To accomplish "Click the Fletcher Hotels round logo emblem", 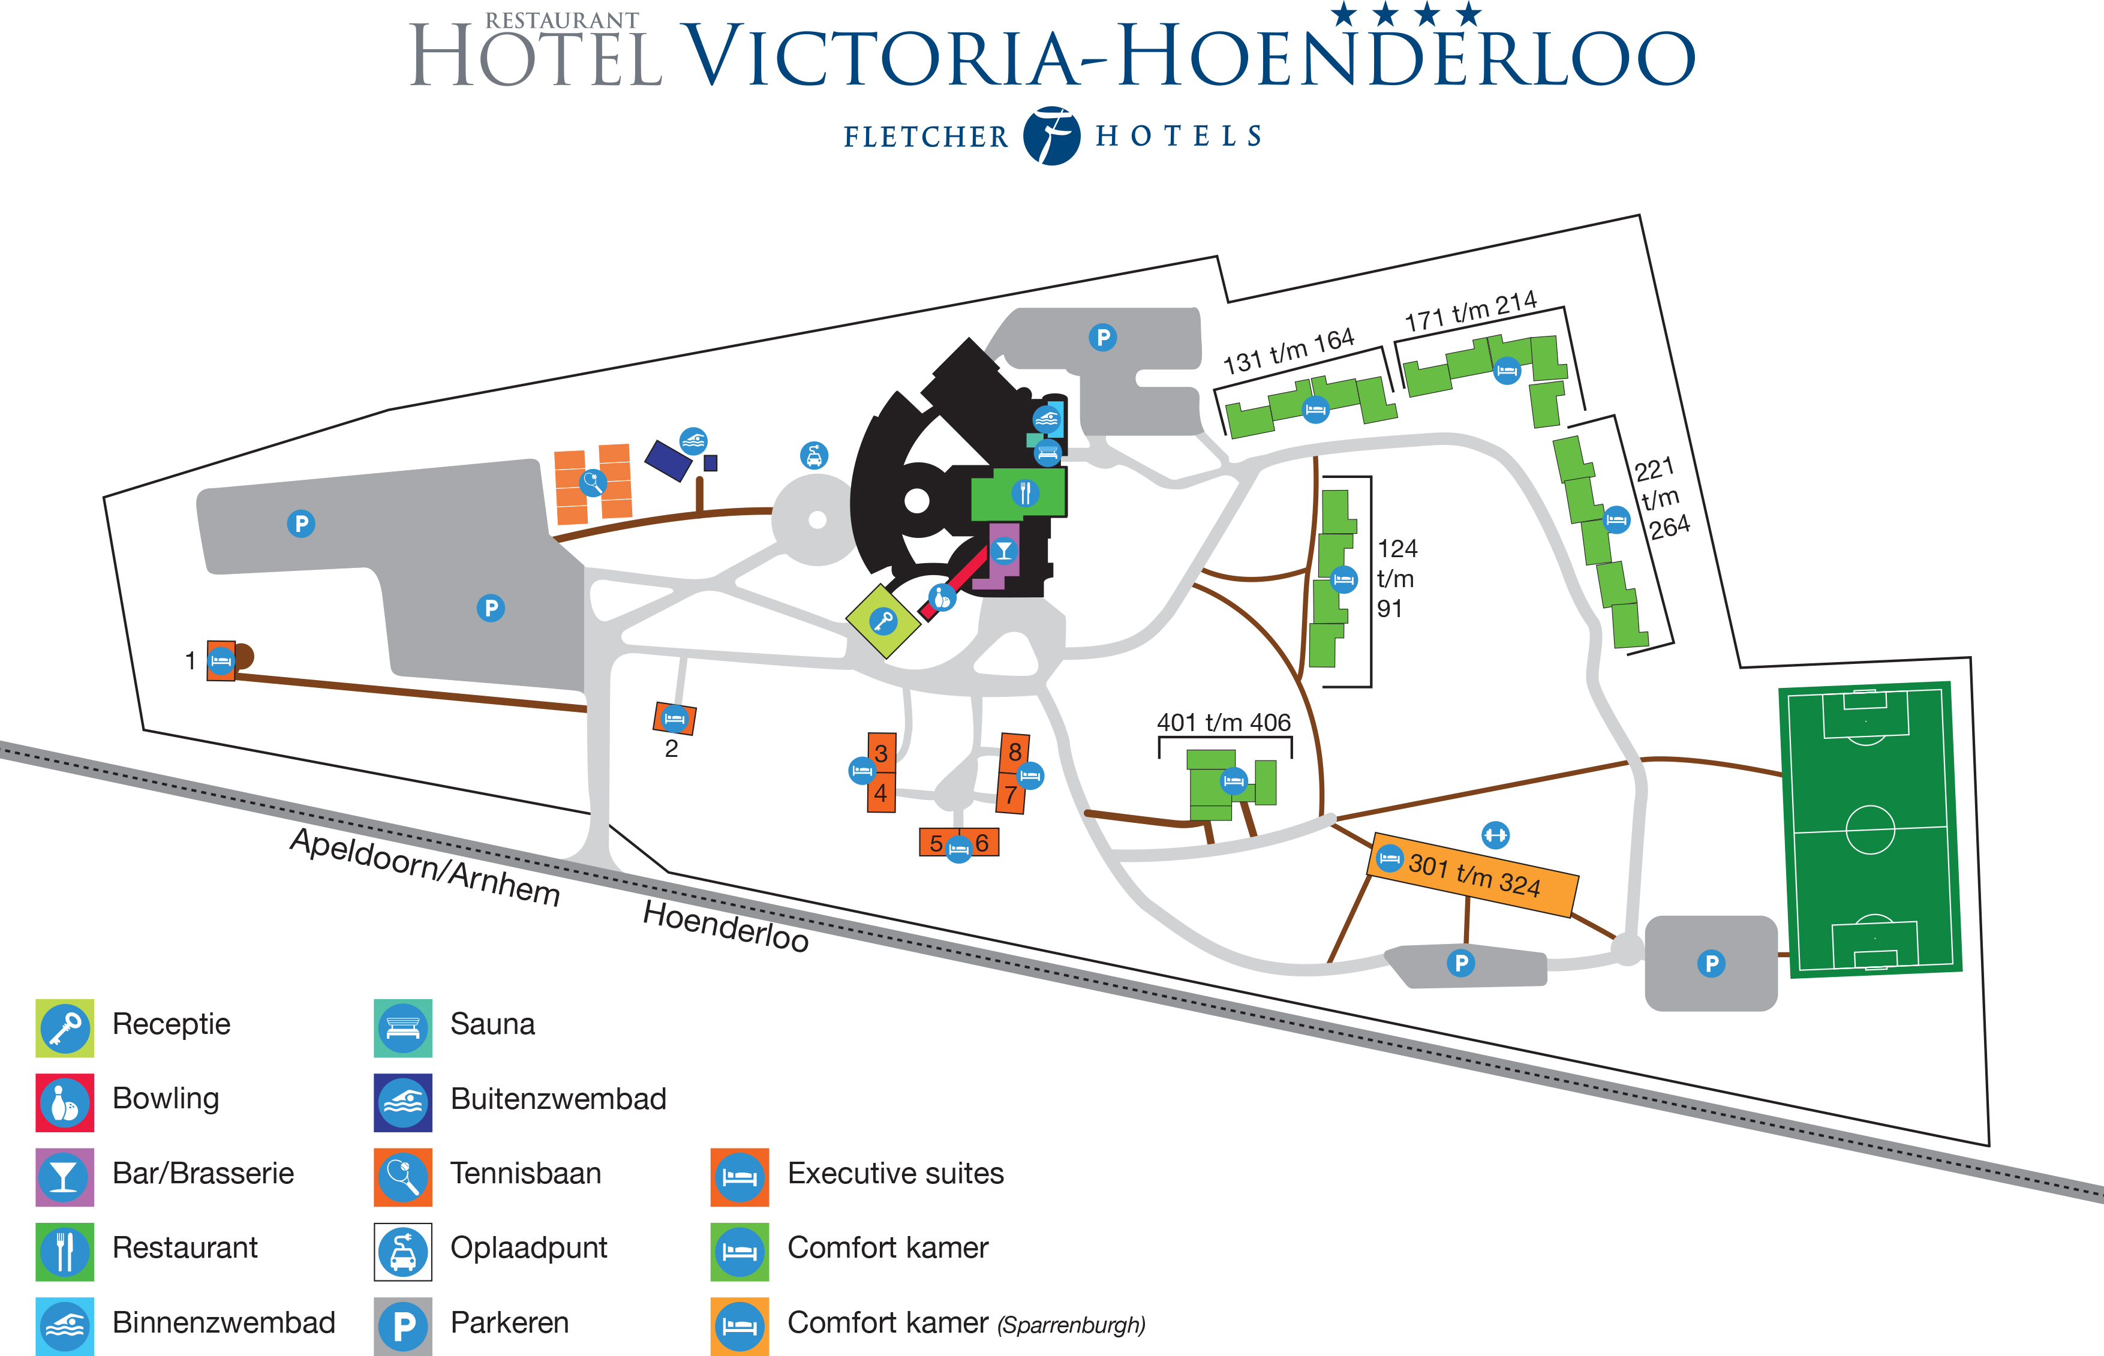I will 1051,136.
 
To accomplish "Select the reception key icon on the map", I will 882,621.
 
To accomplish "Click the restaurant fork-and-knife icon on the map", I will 1024,492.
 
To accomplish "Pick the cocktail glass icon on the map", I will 1003,551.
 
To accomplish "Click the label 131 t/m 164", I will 1288,350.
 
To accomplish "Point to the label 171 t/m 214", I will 1470,311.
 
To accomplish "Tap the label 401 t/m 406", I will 1224,723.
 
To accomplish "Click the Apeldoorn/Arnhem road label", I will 425,867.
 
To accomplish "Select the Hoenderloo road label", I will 725,927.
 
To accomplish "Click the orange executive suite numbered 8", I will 1015,751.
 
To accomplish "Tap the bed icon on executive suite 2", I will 674,718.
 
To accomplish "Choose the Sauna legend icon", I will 402,1027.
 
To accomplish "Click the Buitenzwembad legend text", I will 558,1099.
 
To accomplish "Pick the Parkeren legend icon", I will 402,1325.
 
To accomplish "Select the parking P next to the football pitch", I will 1711,963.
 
